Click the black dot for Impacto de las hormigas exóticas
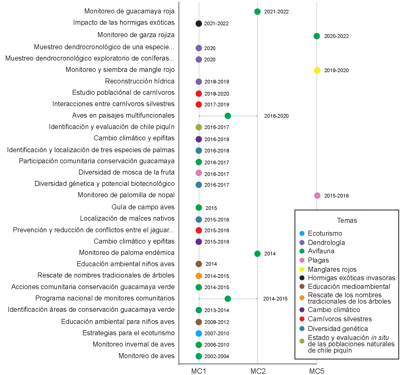pos(199,23)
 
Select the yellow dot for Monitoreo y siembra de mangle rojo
pos(317,70)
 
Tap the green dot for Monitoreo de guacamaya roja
pos(257,12)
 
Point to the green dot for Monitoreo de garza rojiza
pos(317,36)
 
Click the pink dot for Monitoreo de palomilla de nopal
pos(317,196)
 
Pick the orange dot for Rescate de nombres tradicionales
pos(199,276)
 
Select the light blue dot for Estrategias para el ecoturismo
pos(199,333)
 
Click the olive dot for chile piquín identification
pos(199,127)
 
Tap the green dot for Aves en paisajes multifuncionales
pos(228,116)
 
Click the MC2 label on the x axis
pos(258,371)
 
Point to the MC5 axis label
pos(317,371)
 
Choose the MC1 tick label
pos(199,371)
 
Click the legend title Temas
pos(347,221)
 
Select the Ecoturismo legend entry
pos(325,233)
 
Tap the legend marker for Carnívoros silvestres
pos(302,319)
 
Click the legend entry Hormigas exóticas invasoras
pos(351,278)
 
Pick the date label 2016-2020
pos(276,116)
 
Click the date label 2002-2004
pos(217,356)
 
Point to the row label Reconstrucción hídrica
pos(140,81)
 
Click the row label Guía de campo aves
pos(143,207)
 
